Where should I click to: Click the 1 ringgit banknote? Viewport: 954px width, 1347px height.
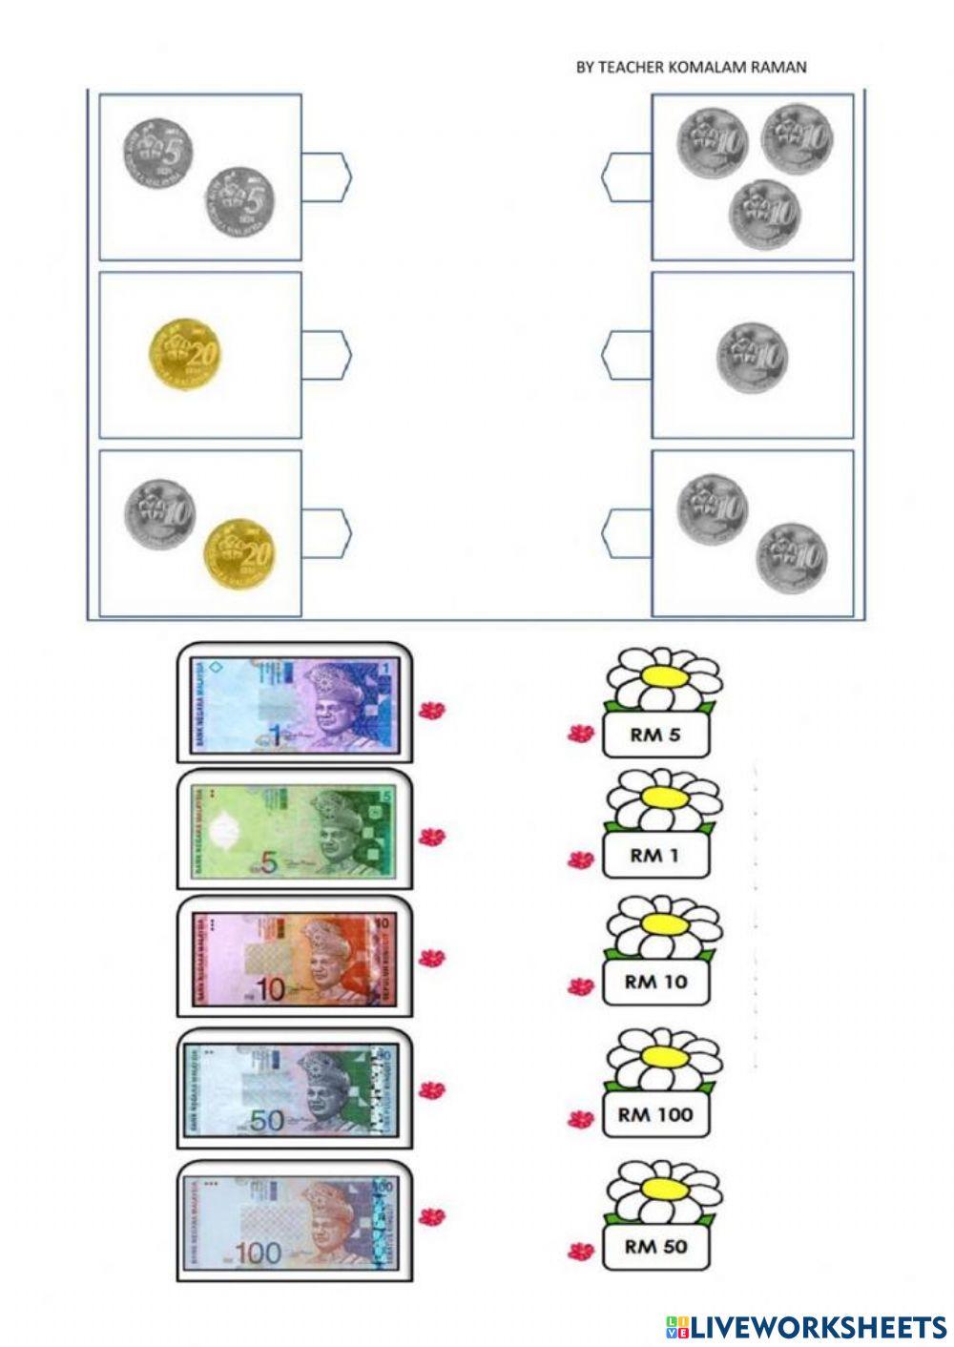293,703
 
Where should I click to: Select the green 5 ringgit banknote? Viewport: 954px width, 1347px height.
293,830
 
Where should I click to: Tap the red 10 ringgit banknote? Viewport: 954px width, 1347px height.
293,958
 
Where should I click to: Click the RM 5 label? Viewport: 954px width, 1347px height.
655,736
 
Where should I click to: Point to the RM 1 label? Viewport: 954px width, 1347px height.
655,856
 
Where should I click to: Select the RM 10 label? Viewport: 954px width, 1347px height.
655,982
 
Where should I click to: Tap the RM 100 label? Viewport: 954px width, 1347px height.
655,1114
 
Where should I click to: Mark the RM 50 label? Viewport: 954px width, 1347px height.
655,1246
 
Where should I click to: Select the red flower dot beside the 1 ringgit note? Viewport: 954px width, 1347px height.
433,710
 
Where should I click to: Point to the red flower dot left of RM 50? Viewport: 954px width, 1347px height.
579,1251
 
